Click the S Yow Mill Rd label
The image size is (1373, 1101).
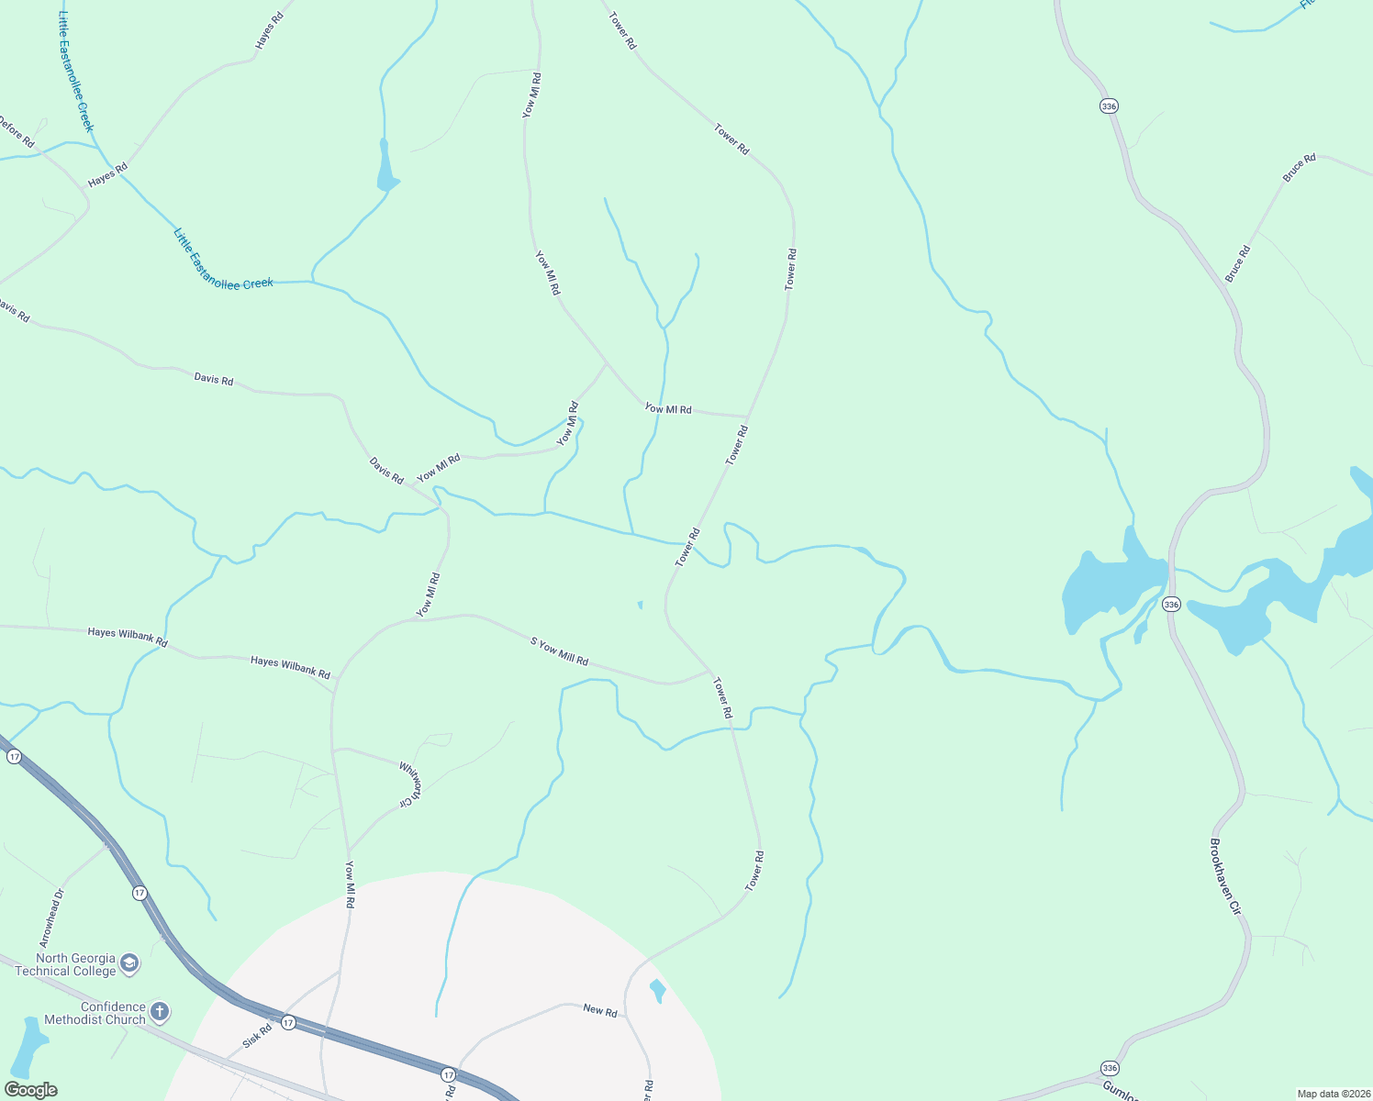pos(559,651)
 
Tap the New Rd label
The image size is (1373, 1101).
pos(600,1010)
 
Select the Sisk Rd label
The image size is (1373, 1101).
pos(258,1037)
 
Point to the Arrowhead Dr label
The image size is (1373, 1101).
pos(51,917)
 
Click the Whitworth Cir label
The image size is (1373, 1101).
pos(410,784)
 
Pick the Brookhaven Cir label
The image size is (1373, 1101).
pos(1225,877)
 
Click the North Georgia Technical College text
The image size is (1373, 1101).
pos(65,964)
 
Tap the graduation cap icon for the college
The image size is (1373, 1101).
pos(129,962)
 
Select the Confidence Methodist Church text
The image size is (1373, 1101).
pos(95,1013)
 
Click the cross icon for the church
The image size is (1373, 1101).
pos(160,1012)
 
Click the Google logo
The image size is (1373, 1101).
pos(30,1090)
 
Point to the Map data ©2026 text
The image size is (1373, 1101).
pos(1332,1094)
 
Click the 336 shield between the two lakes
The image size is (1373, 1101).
pos(1170,604)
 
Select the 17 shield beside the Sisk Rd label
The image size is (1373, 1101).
pos(288,1022)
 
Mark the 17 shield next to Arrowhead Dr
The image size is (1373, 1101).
pos(139,892)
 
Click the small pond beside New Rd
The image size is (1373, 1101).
pos(657,991)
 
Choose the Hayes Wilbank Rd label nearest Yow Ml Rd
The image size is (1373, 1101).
pos(290,667)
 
